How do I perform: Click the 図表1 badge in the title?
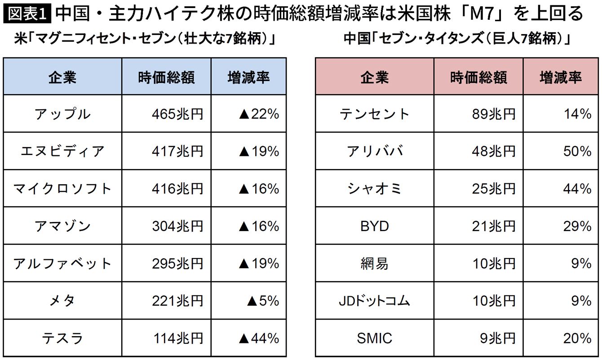[x=27, y=13]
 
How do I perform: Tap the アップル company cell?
[x=62, y=114]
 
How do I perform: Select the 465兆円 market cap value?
[x=177, y=114]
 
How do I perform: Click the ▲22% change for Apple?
[x=259, y=114]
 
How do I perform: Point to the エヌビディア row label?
[x=62, y=151]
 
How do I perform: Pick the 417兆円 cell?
[x=177, y=151]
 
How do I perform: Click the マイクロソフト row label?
[x=62, y=189]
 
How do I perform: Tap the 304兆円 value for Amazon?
[x=177, y=226]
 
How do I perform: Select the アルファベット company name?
[x=62, y=263]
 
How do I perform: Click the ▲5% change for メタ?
[x=263, y=301]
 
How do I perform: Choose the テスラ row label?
[x=62, y=338]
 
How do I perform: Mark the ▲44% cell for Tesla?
[x=259, y=338]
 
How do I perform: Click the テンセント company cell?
[x=375, y=114]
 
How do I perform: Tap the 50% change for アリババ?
[x=577, y=151]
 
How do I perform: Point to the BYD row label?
[x=375, y=226]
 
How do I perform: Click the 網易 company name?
[x=375, y=263]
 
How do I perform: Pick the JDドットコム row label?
[x=375, y=301]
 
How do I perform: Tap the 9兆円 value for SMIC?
[x=498, y=338]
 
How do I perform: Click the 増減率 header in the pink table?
[x=561, y=77]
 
